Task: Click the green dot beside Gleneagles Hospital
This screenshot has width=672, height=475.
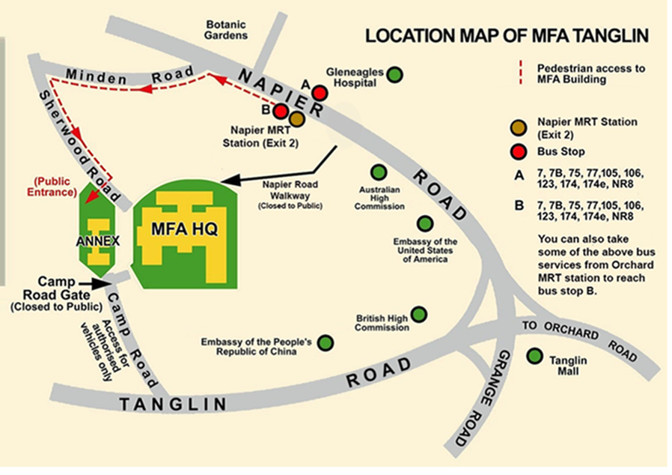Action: [394, 74]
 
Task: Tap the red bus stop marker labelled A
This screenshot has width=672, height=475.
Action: [320, 93]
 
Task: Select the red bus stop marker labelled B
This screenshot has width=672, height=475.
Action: [281, 112]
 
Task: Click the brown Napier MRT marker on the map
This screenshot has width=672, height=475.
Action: [297, 118]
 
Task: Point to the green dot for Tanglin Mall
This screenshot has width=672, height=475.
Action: [535, 356]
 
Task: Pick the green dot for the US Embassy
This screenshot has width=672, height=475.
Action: [424, 223]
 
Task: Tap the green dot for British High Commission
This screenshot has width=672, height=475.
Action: [419, 313]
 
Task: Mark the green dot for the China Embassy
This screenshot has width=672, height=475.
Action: [326, 343]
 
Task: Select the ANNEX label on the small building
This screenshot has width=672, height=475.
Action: [93, 242]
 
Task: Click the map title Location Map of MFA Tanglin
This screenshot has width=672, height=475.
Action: [506, 35]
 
